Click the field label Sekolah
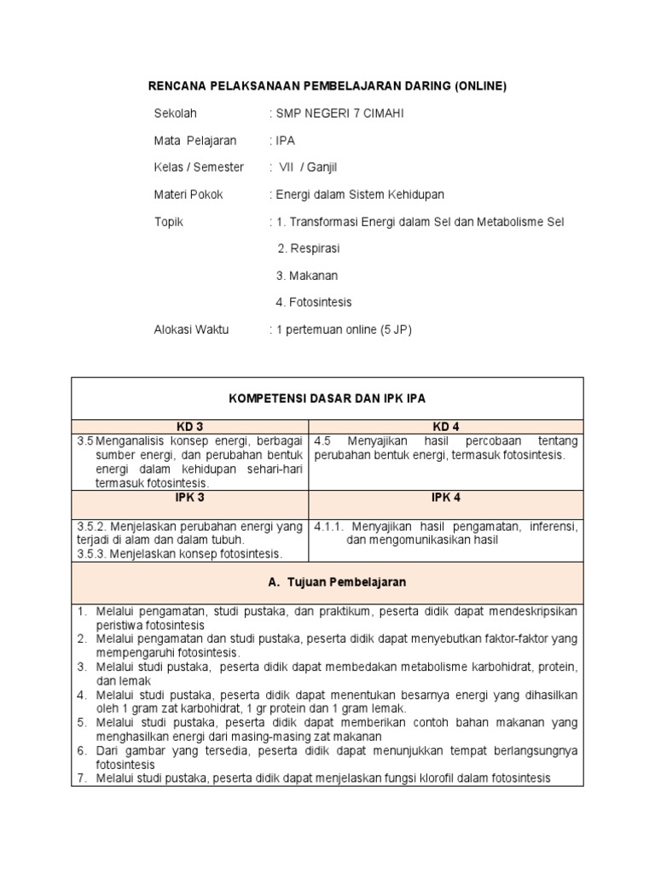click(175, 114)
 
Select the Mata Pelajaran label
click(195, 141)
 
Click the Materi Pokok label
click(188, 195)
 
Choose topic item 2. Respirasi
click(309, 248)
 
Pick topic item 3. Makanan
click(307, 276)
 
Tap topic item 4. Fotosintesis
click(314, 302)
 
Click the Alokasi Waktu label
click(191, 329)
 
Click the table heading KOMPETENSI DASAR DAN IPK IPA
click(327, 399)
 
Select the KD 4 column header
click(446, 426)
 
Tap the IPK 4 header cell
click(446, 498)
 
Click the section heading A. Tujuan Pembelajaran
click(327, 582)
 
